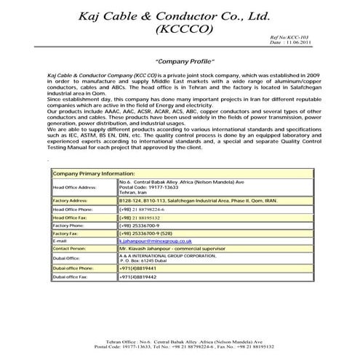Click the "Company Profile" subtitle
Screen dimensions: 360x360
pyautogui.click(x=179, y=62)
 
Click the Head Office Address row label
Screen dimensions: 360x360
pyautogui.click(x=75, y=187)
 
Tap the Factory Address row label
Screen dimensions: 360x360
pyautogui.click(x=71, y=200)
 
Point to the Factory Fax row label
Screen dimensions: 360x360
pyautogui.click(x=68, y=234)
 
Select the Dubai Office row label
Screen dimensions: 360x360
pyautogui.click(x=66, y=258)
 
